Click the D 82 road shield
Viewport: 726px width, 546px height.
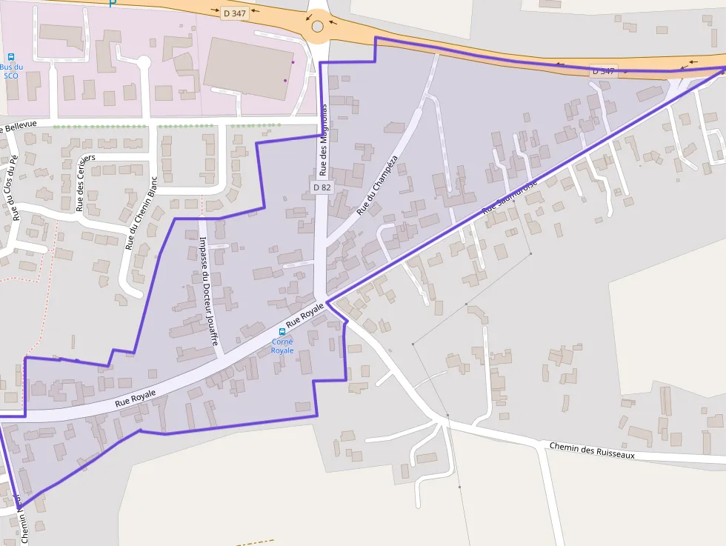pyautogui.click(x=322, y=187)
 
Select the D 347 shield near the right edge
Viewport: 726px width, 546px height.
pyautogui.click(x=603, y=71)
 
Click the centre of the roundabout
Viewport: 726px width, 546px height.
pyautogui.click(x=318, y=27)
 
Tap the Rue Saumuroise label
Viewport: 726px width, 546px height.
pyautogui.click(x=510, y=199)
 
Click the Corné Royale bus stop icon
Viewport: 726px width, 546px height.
pyautogui.click(x=282, y=332)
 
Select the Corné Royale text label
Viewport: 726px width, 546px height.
pyautogui.click(x=282, y=346)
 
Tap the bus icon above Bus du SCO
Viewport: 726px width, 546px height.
pyautogui.click(x=11, y=56)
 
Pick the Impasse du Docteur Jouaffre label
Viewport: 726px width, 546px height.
pyautogui.click(x=209, y=290)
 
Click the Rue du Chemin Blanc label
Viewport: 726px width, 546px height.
pyautogui.click(x=142, y=213)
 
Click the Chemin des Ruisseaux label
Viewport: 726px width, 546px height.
pyautogui.click(x=592, y=450)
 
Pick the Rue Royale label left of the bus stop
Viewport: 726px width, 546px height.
pyautogui.click(x=136, y=398)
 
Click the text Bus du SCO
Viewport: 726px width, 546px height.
pyautogui.click(x=11, y=71)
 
